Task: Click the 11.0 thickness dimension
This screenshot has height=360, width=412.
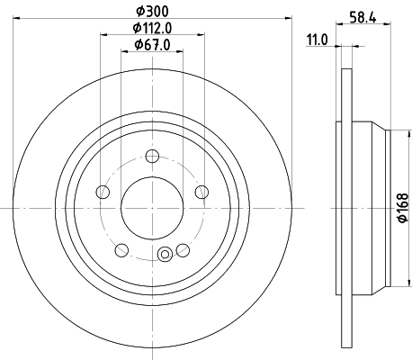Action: [x=317, y=40]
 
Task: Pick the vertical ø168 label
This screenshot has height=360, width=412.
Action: [x=402, y=208]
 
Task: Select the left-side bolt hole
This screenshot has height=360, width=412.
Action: [x=103, y=192]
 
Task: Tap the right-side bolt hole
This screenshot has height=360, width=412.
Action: [x=202, y=191]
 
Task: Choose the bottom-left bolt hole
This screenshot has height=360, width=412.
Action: [x=121, y=249]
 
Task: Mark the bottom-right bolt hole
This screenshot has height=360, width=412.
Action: [x=183, y=249]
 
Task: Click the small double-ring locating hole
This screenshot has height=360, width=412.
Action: [x=165, y=256]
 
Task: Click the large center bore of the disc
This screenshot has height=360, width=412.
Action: [x=152, y=207]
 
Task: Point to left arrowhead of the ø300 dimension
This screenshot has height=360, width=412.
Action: [x=17, y=18]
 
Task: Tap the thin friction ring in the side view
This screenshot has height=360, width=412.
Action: [x=341, y=207]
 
